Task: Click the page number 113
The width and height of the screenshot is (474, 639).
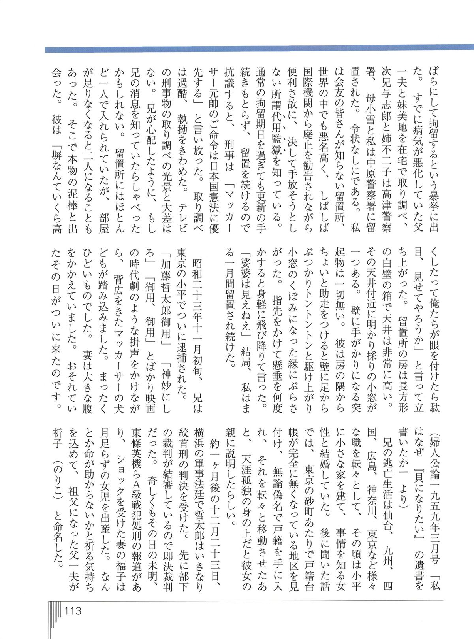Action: click(72, 611)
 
